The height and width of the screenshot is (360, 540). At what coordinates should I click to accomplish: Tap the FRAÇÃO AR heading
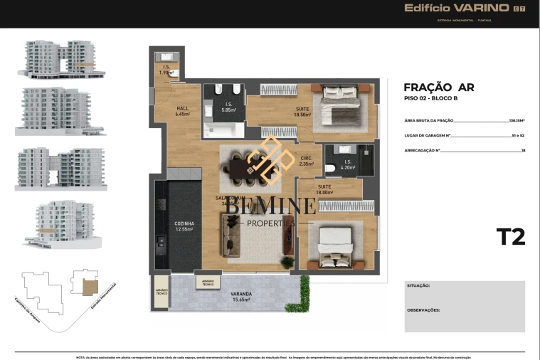[438, 88]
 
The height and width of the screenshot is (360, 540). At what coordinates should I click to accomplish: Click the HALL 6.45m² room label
[182, 111]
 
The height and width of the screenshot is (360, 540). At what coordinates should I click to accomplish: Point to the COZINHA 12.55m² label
[184, 226]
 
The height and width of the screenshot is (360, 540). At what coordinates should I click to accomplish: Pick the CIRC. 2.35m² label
[306, 161]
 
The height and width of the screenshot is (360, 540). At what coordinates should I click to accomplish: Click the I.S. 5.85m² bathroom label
[228, 107]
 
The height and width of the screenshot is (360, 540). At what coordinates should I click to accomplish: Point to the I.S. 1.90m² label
[166, 70]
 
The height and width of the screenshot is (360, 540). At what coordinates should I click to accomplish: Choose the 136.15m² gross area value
[517, 121]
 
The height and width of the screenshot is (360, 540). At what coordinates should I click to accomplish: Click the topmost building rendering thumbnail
[60, 58]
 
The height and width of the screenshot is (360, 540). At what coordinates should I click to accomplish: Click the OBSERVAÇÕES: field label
[423, 310]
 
